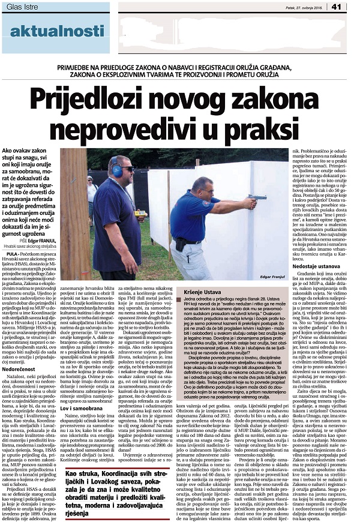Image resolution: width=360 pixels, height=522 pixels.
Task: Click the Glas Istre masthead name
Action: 22,6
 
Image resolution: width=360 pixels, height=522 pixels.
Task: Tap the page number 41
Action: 352,7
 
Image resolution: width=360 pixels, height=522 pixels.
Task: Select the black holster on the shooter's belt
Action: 179,244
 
